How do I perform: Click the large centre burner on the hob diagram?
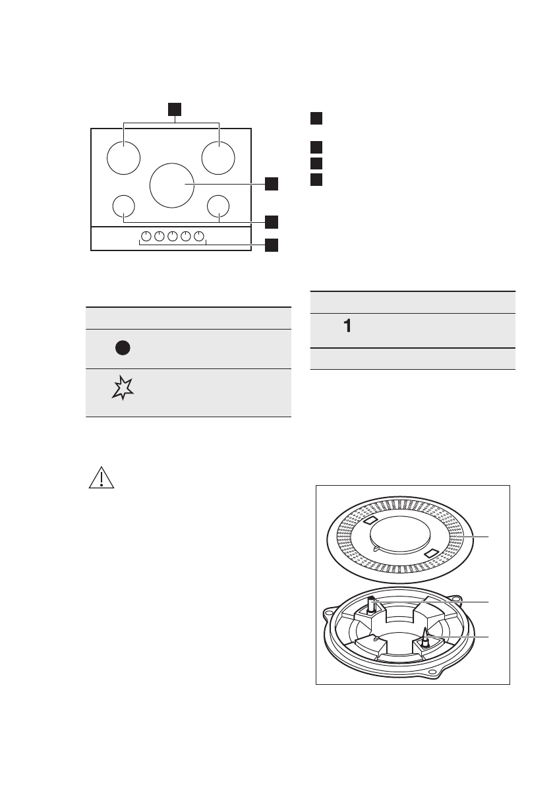[171, 184]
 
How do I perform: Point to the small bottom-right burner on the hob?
[218, 206]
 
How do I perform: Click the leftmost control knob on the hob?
[145, 237]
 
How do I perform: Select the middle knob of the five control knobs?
[173, 237]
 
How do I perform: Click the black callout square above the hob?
[173, 109]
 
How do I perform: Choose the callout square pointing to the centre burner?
[272, 184]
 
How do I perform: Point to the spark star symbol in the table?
[123, 390]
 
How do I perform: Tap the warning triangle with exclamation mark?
[102, 477]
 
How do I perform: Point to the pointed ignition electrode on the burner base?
[426, 635]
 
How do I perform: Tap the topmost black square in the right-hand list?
[316, 119]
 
